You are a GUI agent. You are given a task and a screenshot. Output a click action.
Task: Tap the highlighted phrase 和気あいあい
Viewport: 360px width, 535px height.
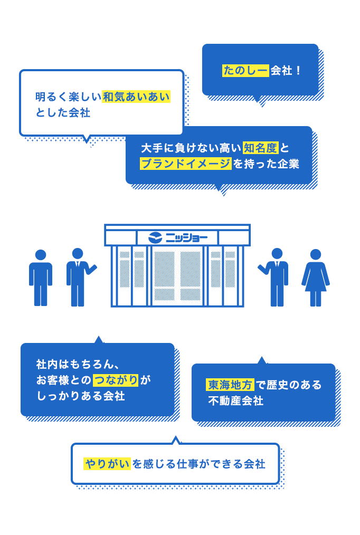pyautogui.click(x=136, y=97)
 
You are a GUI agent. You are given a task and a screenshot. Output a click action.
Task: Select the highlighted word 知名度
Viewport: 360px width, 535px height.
pyautogui.click(x=260, y=148)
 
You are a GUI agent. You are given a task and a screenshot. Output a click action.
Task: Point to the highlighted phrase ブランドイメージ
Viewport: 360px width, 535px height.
pyautogui.click(x=185, y=164)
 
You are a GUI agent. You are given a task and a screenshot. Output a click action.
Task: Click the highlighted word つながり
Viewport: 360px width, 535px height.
pyautogui.click(x=116, y=380)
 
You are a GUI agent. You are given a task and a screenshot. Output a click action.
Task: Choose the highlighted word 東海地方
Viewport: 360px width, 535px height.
pyautogui.click(x=230, y=385)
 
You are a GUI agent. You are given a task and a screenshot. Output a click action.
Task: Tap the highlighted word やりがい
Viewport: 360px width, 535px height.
pyautogui.click(x=107, y=464)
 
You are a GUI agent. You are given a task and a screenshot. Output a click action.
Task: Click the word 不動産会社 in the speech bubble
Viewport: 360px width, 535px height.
pyautogui.click(x=235, y=400)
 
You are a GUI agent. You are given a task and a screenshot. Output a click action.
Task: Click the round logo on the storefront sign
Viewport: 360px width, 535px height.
pyautogui.click(x=155, y=237)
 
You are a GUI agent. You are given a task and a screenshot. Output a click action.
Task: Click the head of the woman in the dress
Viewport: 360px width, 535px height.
pyautogui.click(x=316, y=254)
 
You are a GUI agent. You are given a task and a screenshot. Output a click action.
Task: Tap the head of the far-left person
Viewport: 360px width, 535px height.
pyautogui.click(x=41, y=255)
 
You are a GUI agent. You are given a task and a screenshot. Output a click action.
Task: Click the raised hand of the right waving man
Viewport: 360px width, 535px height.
pyautogui.click(x=260, y=267)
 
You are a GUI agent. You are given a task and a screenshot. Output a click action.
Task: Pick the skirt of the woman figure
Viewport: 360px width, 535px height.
pyautogui.click(x=316, y=282)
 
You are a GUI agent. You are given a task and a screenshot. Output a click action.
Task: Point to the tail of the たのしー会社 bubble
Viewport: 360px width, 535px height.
pyautogui.click(x=260, y=103)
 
